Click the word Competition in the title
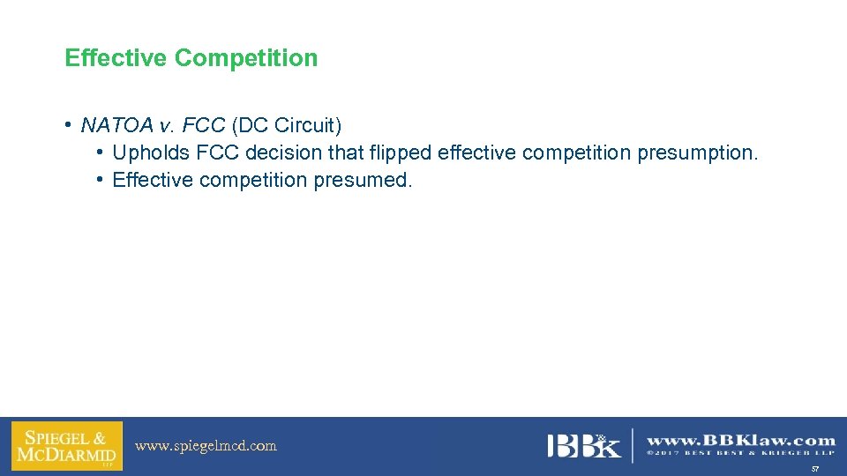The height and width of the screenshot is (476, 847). click(246, 58)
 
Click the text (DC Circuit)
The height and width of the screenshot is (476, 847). click(286, 125)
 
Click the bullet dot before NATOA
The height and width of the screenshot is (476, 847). click(68, 125)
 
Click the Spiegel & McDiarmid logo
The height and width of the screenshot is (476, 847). click(66, 446)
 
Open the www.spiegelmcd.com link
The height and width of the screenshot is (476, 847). click(206, 446)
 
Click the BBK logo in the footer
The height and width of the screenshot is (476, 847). click(583, 445)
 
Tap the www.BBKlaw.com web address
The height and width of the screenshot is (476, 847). click(741, 440)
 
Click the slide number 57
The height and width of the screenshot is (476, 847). click(815, 469)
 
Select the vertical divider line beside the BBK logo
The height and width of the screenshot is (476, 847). click(633, 445)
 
